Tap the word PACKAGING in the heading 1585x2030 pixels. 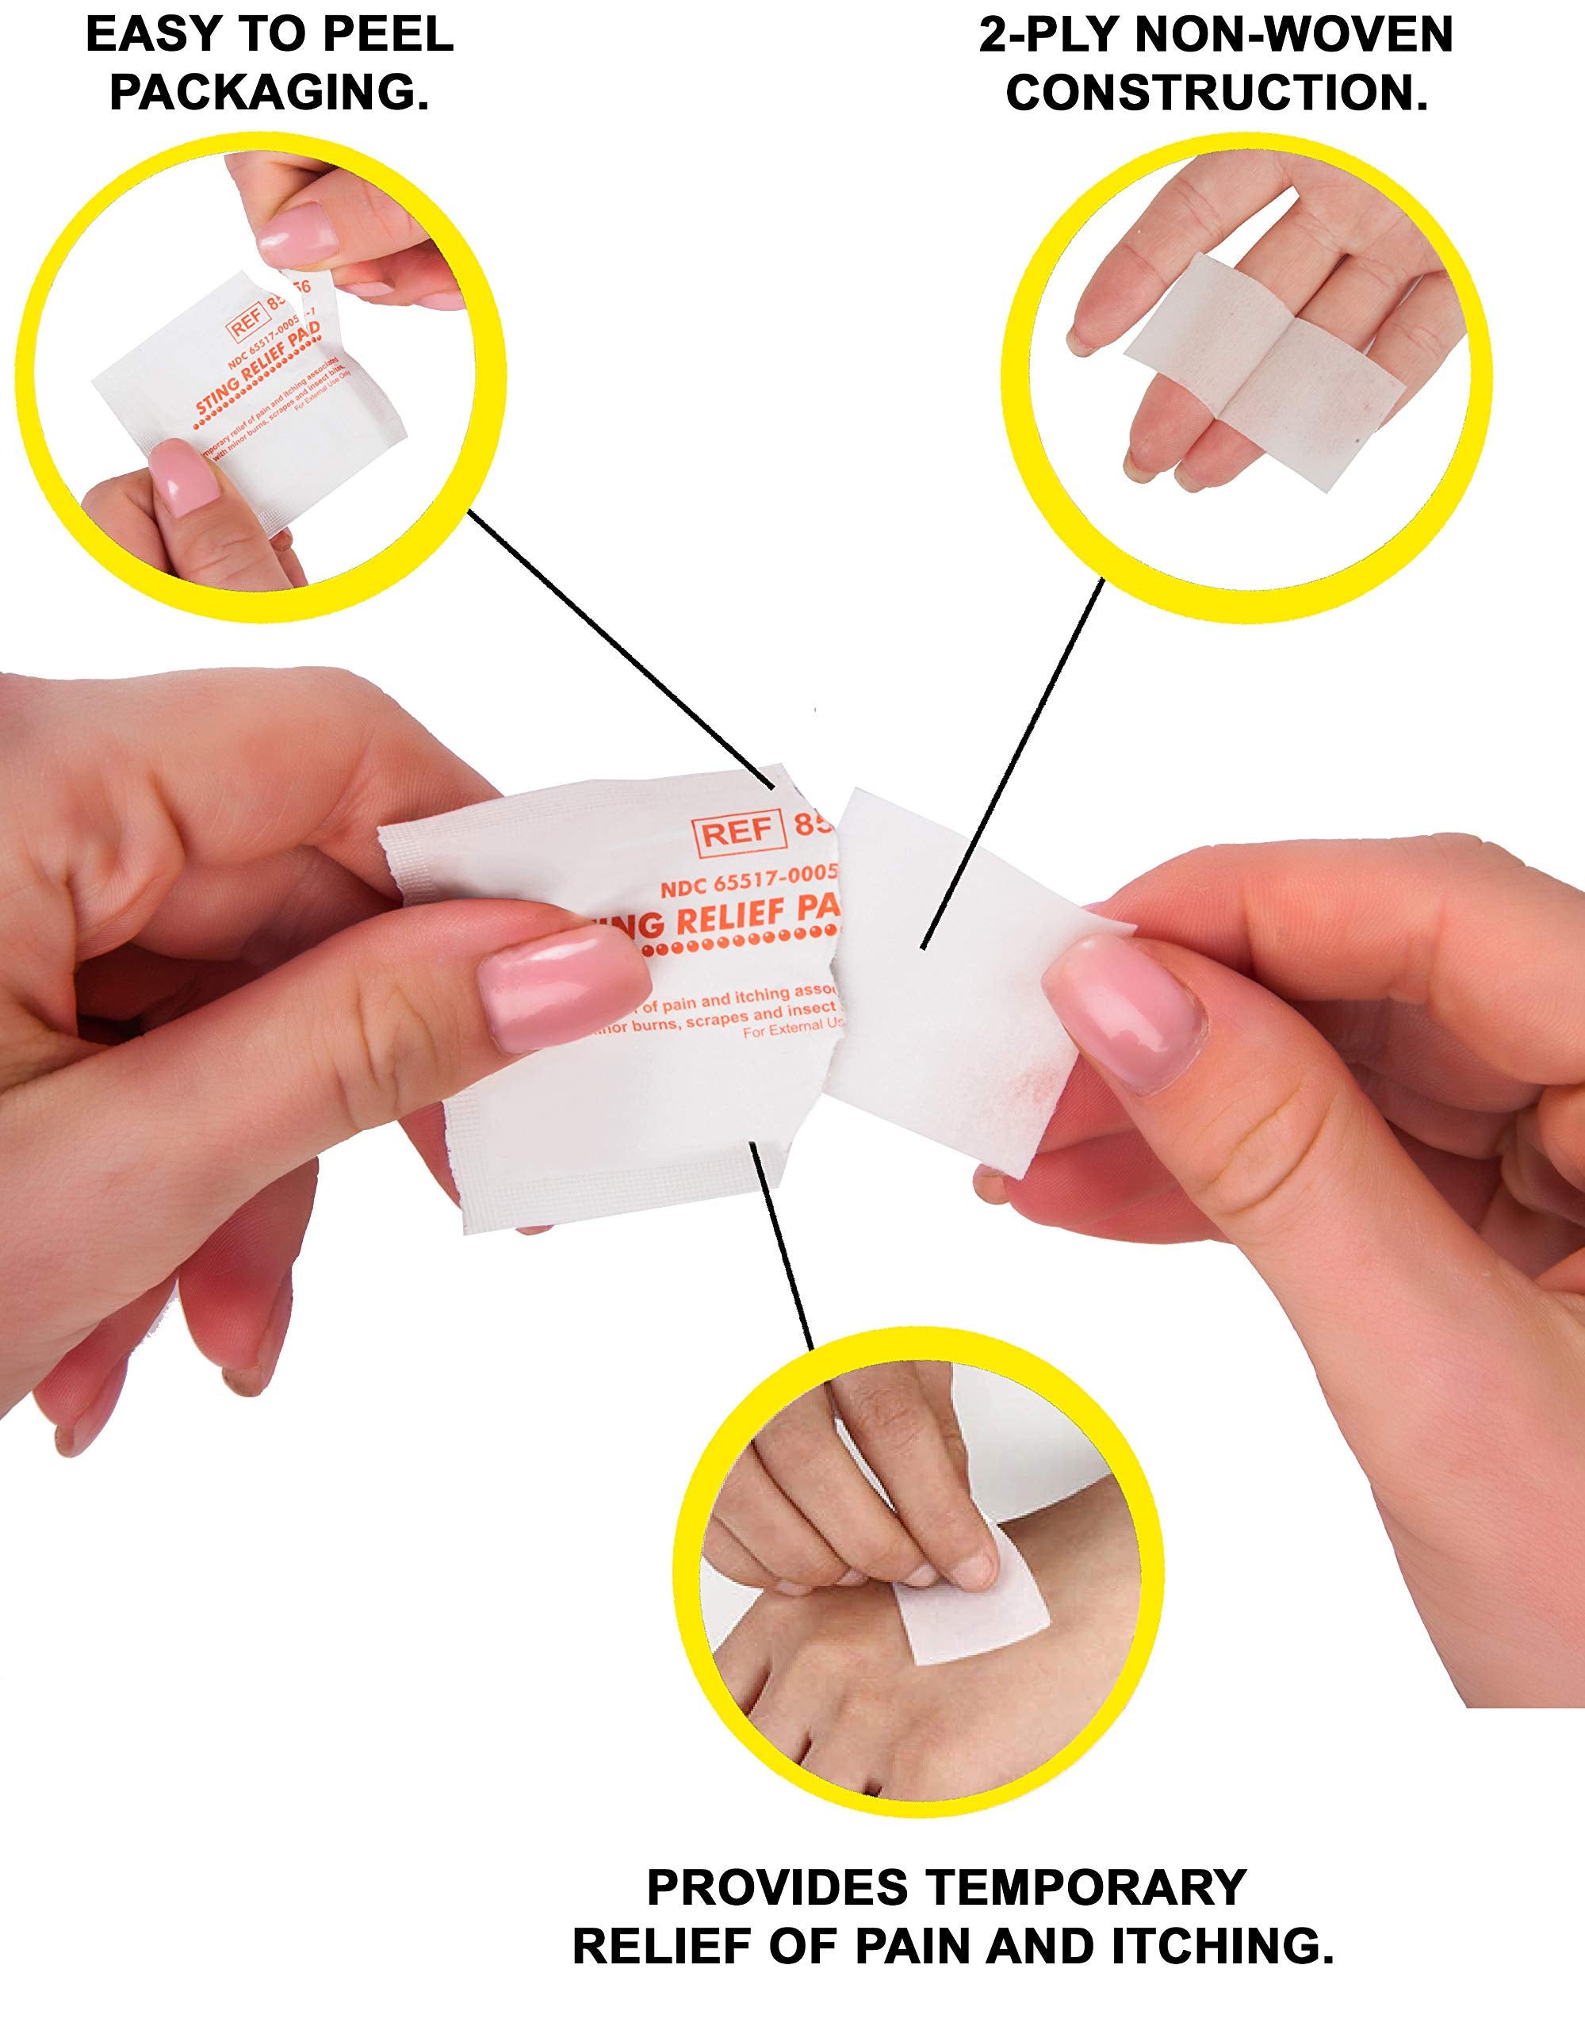[270, 94]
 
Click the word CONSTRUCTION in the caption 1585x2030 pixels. [1217, 94]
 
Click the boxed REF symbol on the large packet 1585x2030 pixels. [738, 833]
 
